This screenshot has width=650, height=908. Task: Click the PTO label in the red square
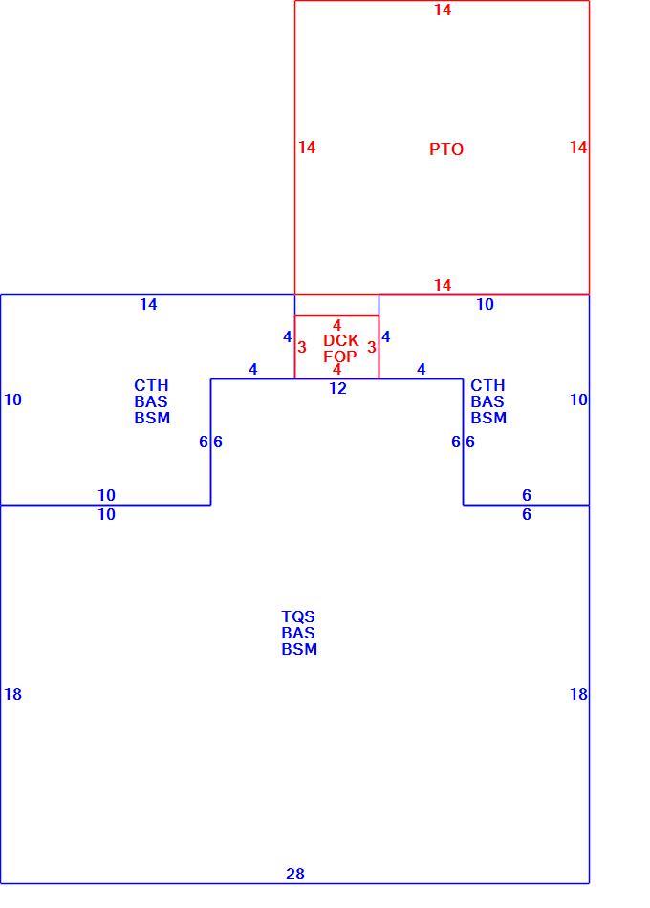[x=446, y=149]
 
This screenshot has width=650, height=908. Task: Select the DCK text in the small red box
[x=340, y=340]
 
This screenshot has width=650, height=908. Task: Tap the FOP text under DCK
[x=340, y=357]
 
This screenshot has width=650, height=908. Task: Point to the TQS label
[x=298, y=616]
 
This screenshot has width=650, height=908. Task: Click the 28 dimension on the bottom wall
[x=295, y=874]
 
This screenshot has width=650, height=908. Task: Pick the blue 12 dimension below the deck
[x=337, y=389]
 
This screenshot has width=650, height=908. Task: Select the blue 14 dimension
[x=148, y=305]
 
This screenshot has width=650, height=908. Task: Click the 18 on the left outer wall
[x=12, y=694]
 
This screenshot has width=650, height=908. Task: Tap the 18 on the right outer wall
[x=578, y=694]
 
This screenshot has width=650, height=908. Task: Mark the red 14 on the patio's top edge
[x=443, y=10]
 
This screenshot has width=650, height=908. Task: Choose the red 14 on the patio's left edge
[x=307, y=147]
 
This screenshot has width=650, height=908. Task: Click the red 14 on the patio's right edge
[x=578, y=147]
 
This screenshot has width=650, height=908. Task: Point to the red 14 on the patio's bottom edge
[x=443, y=285]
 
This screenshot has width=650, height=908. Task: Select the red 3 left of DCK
[x=302, y=348]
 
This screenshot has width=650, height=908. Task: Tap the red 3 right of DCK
[x=372, y=348]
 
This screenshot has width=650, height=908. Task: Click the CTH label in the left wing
[x=151, y=386]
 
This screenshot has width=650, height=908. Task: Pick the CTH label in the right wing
[x=487, y=386]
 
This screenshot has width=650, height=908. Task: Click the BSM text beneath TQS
[x=299, y=649]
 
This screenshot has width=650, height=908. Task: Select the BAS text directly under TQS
[x=298, y=633]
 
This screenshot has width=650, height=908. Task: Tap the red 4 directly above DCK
[x=337, y=325]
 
